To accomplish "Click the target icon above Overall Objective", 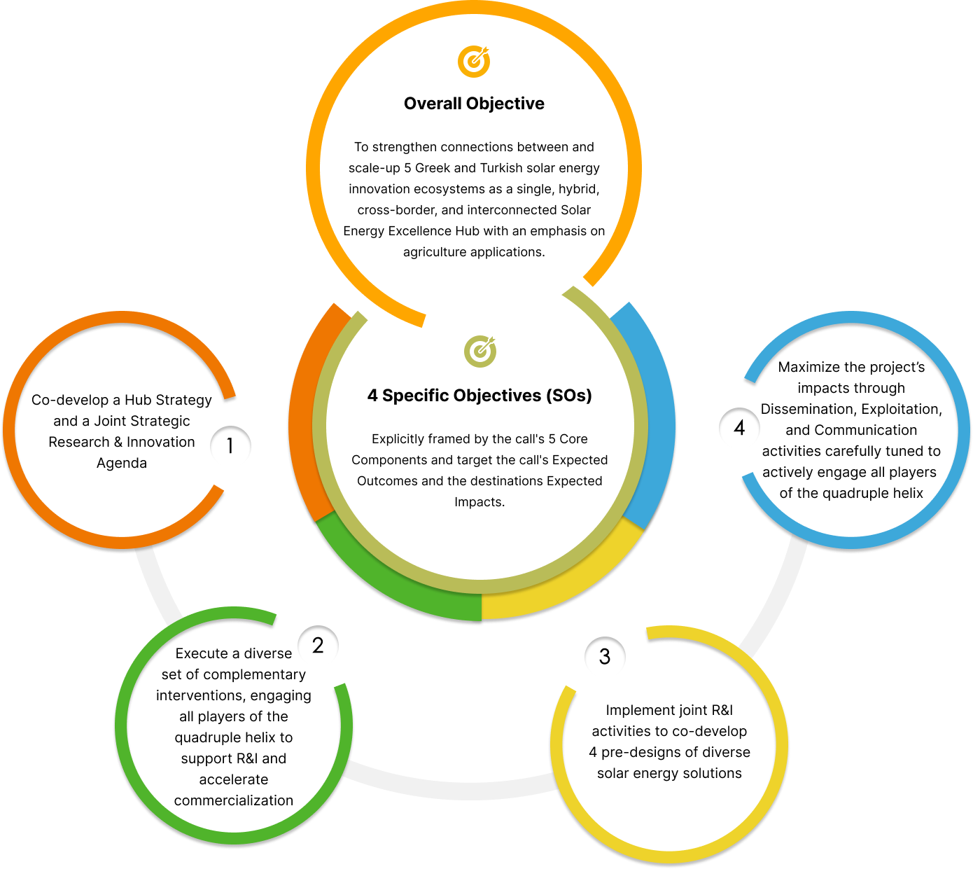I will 474,62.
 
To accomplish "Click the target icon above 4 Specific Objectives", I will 480,351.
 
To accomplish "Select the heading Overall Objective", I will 474,104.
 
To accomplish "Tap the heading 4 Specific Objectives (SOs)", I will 479,396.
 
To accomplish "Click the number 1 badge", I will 230,445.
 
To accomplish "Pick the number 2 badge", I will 318,645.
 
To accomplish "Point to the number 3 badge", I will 605,657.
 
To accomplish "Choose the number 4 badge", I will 739,428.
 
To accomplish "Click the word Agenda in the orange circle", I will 122,463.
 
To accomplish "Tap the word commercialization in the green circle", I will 234,800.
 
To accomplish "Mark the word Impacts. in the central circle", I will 479,502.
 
